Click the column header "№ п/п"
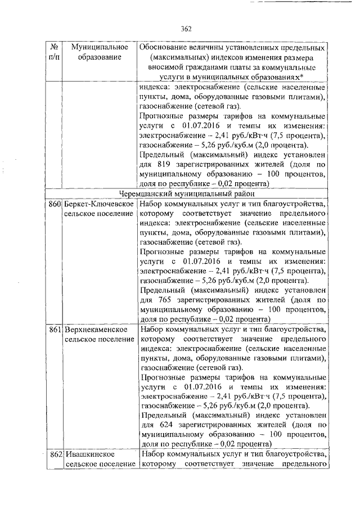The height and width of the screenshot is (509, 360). click(53, 52)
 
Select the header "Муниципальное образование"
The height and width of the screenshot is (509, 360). click(98, 52)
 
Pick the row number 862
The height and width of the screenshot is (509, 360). click(54, 454)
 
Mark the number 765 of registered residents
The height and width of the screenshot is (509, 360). click(164, 300)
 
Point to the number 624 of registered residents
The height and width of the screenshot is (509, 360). click(164, 426)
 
